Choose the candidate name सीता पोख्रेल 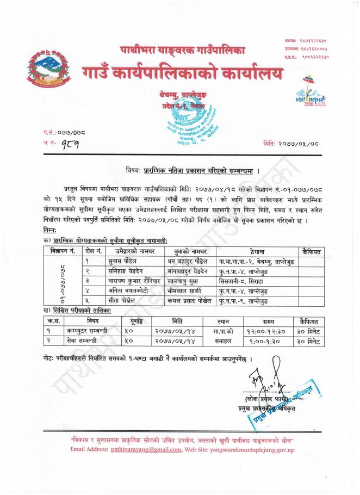(x=115, y=301)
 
